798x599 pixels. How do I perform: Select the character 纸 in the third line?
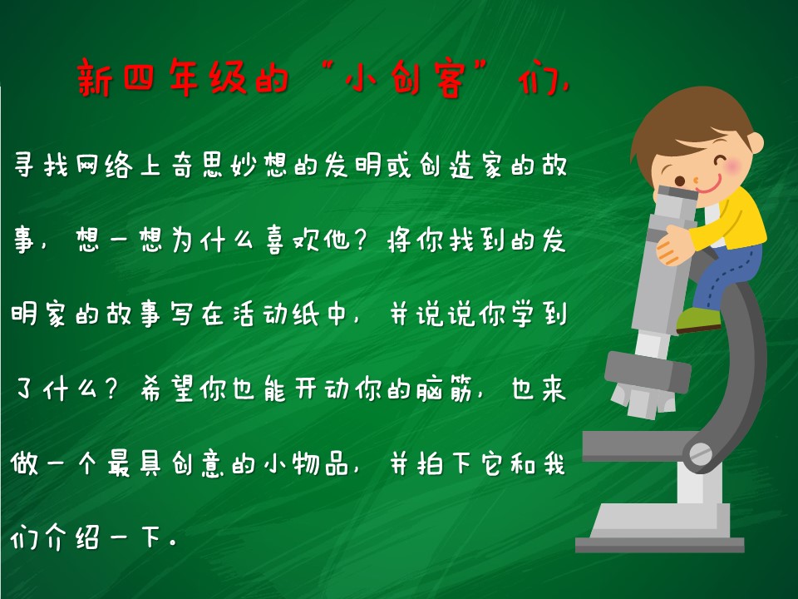305,314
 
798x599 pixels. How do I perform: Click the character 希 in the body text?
151,389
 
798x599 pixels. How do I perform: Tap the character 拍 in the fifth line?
431,464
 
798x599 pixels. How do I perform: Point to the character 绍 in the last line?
87,538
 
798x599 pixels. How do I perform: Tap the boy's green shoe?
698,319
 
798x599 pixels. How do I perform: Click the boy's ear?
756,142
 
